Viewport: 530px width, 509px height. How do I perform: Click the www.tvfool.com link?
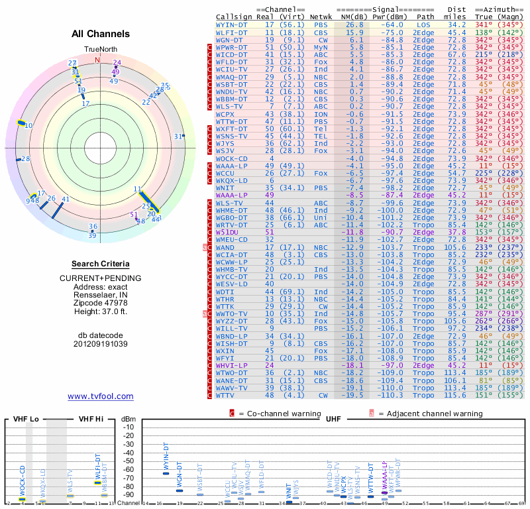101,396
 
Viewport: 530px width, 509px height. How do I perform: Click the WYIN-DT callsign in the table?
233,24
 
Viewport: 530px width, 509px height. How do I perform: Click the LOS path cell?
423,24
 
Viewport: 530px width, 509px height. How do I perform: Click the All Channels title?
101,34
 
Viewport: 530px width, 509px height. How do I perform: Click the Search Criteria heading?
101,264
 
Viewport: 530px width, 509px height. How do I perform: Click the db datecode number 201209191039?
101,344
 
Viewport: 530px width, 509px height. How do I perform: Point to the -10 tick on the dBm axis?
129,427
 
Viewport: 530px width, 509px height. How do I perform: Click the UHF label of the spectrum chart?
333,419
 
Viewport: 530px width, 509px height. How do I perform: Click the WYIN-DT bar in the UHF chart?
166,472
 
